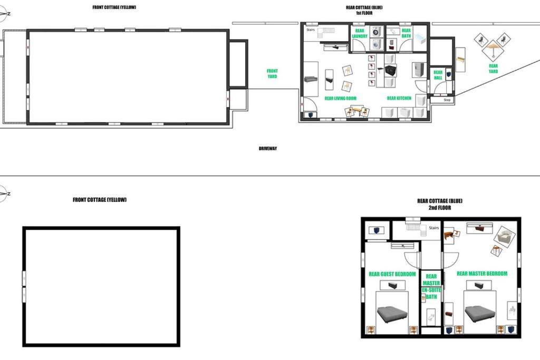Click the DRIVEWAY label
[267, 149]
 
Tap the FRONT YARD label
[272, 74]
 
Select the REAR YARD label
[493, 69]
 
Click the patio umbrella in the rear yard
[493, 48]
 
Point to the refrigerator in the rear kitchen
[419, 70]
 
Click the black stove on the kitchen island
[390, 71]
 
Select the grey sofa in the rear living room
[311, 79]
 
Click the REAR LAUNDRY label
[360, 33]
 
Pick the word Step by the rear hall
[447, 100]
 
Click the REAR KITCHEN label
[399, 98]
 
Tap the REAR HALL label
[438, 75]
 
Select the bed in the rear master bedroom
[480, 314]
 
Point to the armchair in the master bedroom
[505, 237]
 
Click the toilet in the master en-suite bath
[431, 316]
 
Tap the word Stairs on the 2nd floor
[433, 228]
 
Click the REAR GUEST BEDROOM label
[392, 274]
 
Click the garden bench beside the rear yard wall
[460, 60]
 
